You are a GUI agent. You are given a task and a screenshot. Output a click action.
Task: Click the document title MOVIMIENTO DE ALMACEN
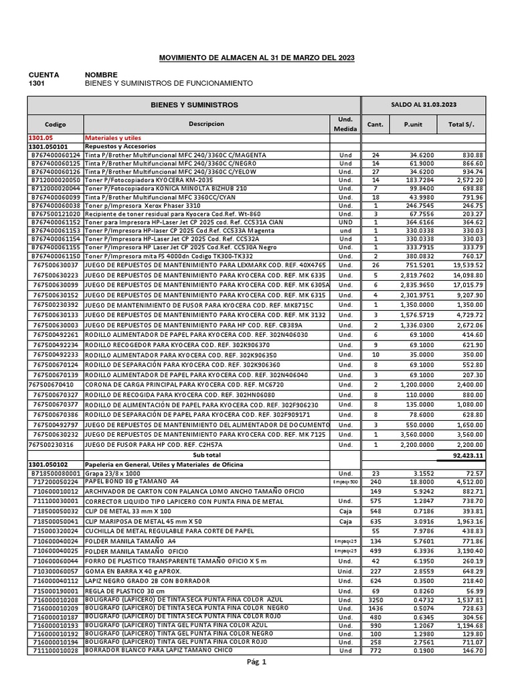[256, 58]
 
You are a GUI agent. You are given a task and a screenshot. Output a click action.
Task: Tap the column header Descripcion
[206, 124]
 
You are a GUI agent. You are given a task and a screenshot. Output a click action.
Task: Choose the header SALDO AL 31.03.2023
[424, 105]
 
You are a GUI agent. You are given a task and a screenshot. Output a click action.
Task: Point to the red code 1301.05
[39, 137]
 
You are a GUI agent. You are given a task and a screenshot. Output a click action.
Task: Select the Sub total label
[206, 454]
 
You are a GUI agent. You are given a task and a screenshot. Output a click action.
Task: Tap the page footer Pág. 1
[257, 663]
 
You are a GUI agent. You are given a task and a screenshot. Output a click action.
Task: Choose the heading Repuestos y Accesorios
[120, 145]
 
